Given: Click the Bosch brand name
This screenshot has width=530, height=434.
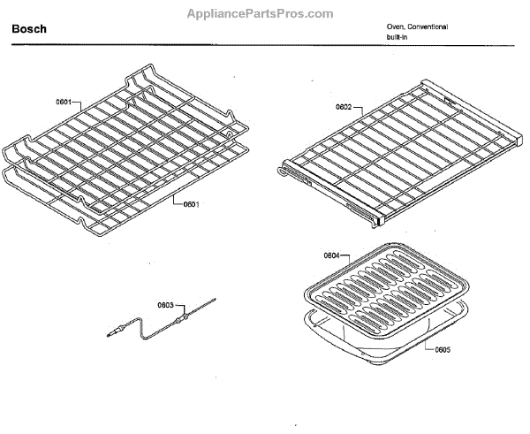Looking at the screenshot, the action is (x=29, y=30).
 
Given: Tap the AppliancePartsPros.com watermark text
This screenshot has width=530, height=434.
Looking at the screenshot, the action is (x=261, y=14).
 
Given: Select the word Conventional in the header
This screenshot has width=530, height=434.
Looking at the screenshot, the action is (x=427, y=27).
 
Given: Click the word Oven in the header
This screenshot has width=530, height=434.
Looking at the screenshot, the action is (x=394, y=27).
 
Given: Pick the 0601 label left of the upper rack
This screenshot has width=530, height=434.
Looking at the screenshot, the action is (x=64, y=102).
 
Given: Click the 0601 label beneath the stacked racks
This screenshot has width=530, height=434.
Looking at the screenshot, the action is (x=191, y=205).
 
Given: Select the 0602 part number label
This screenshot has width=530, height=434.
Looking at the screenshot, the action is (x=344, y=107).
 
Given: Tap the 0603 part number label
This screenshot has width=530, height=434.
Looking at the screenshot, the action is (x=165, y=305).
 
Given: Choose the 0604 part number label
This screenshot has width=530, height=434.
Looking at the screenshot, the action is (x=331, y=255).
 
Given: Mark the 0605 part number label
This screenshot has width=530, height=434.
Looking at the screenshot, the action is (x=443, y=349).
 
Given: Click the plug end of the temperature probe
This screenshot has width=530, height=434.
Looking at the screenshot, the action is (x=114, y=333).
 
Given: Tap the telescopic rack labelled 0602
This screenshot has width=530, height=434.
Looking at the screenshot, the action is (x=397, y=150).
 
